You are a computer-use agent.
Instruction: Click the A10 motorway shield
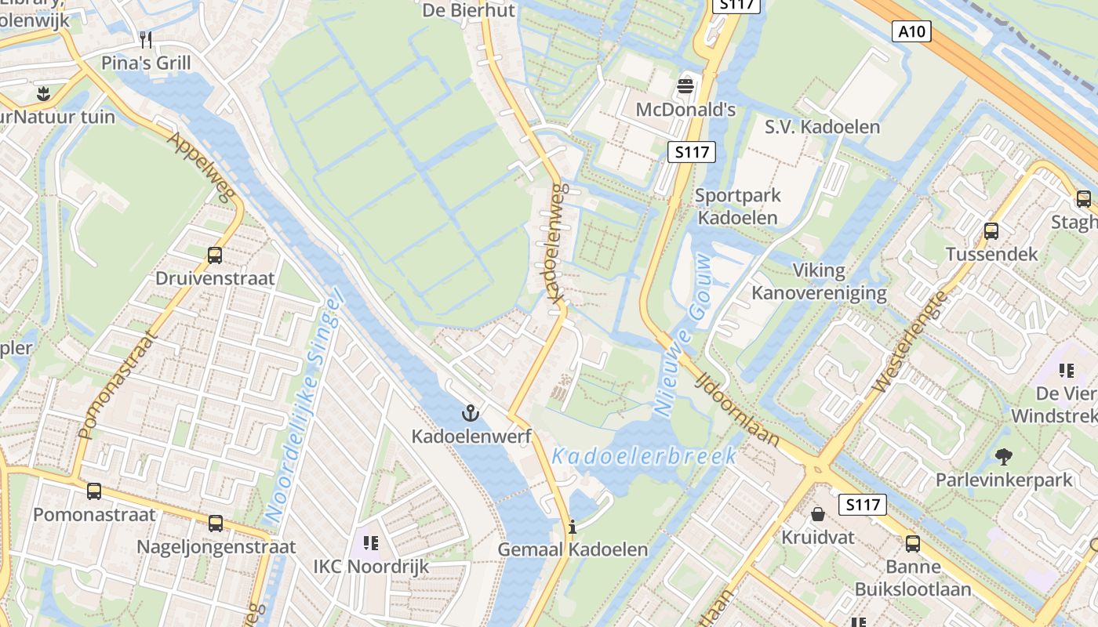pyautogui.click(x=912, y=32)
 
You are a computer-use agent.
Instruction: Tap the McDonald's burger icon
pyautogui.click(x=686, y=85)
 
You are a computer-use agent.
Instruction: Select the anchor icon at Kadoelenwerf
pyautogui.click(x=471, y=412)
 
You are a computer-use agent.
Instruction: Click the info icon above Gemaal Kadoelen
pyautogui.click(x=573, y=526)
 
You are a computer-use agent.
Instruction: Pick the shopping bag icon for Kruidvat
pyautogui.click(x=817, y=514)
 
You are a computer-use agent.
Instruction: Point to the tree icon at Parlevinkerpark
pyautogui.click(x=1003, y=456)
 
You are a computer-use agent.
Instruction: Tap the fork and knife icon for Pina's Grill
pyautogui.click(x=145, y=39)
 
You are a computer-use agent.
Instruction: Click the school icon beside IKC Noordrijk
pyautogui.click(x=371, y=542)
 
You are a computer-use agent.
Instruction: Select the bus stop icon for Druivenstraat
pyautogui.click(x=215, y=255)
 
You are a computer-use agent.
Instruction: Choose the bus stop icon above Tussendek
pyautogui.click(x=991, y=231)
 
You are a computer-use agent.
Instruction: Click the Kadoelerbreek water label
pyautogui.click(x=644, y=455)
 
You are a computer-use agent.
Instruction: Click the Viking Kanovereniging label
pyautogui.click(x=819, y=282)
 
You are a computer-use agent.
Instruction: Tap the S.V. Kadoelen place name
pyautogui.click(x=822, y=127)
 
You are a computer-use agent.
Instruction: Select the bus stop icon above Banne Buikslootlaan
pyautogui.click(x=913, y=543)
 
